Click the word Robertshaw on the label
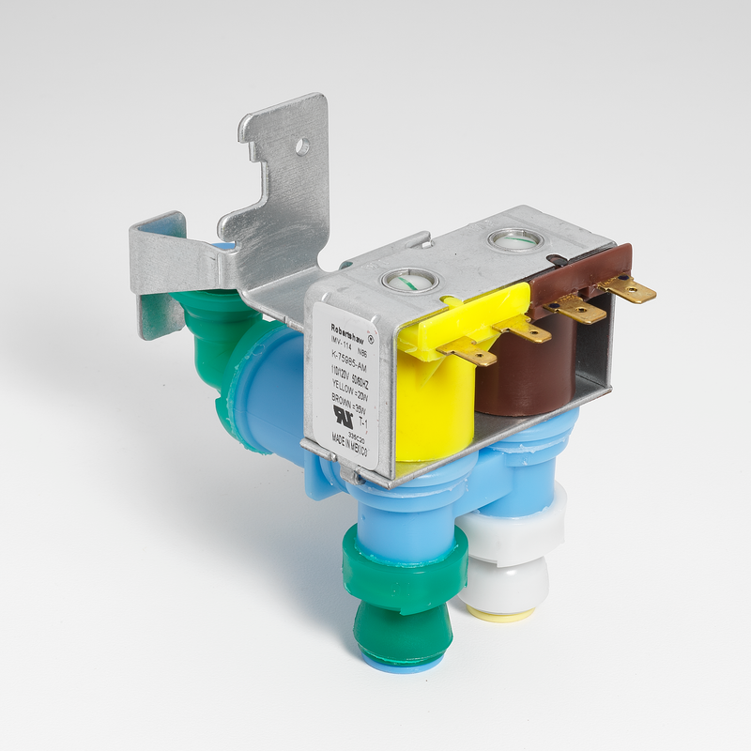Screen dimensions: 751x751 (333, 317)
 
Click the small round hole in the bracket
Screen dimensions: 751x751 (301, 146)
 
